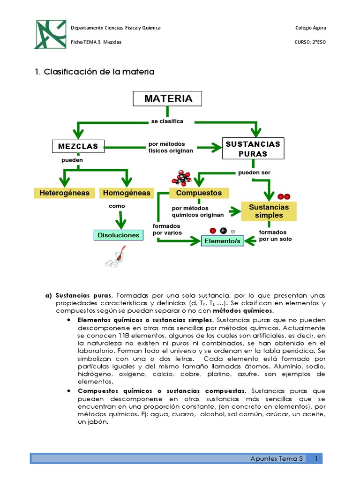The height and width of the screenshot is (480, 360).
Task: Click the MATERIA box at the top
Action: click(168, 99)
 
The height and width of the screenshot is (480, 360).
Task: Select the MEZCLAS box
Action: click(78, 146)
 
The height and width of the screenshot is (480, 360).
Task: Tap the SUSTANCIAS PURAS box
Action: click(253, 149)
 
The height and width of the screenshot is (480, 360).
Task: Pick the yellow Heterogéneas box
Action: click(65, 193)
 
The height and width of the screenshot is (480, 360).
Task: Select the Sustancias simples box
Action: click(269, 211)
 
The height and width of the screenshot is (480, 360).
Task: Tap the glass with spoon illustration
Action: click(115, 259)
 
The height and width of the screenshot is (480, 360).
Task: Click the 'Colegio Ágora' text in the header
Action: click(310, 28)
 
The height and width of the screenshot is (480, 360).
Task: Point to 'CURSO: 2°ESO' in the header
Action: click(310, 42)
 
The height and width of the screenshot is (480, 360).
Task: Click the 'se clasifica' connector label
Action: click(167, 121)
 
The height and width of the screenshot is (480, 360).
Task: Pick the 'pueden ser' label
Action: click(254, 172)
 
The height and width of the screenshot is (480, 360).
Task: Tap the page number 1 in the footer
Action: click(317, 458)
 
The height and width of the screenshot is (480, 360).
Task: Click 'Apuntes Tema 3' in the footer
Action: click(277, 458)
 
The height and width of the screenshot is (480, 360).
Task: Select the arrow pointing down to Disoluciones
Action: click(121, 220)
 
